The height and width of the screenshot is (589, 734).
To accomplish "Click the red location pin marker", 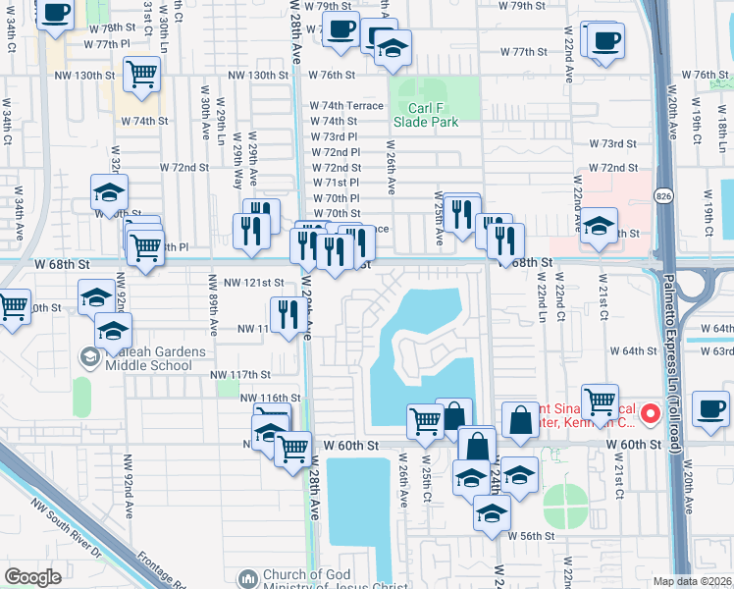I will (649, 415).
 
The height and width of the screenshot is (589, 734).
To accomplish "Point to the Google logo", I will (32, 576).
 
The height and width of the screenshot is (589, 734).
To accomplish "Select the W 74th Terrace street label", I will (345, 105).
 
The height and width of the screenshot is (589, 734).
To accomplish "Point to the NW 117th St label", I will (240, 374).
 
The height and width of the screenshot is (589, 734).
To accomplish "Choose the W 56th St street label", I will (531, 536).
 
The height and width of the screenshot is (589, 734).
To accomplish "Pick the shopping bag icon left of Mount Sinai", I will (519, 419).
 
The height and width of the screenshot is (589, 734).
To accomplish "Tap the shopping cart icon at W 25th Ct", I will (424, 420).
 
